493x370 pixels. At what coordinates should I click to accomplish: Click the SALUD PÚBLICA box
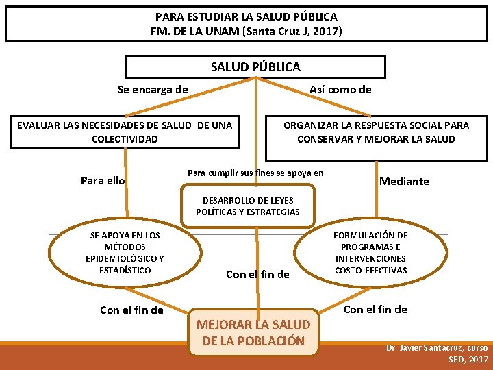[x=255, y=66]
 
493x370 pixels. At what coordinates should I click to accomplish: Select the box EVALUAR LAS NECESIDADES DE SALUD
[x=125, y=132]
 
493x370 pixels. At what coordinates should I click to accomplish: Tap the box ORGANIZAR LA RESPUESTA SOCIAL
[x=376, y=132]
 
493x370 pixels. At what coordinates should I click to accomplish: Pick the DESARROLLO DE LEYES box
[x=247, y=206]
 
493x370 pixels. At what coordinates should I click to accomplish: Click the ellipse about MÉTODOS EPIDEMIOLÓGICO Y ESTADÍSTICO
[x=125, y=253]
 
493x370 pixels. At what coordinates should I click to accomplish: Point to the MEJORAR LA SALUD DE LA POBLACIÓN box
[x=253, y=332]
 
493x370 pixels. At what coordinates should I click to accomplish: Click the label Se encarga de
[x=153, y=89]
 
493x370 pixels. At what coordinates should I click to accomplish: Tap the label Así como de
[x=340, y=89]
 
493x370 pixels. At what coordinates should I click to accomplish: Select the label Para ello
[x=103, y=181]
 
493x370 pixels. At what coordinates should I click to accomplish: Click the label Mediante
[x=404, y=181]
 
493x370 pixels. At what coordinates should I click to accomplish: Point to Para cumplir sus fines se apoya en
[x=255, y=173]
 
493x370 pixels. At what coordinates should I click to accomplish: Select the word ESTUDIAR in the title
[x=206, y=16]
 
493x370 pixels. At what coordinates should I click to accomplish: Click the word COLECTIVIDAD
[x=125, y=138]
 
